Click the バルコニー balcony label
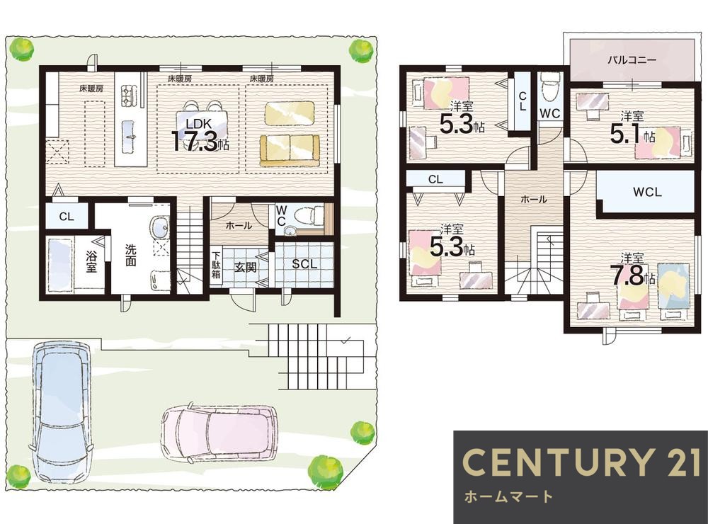click(x=632, y=59)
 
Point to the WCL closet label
click(x=647, y=192)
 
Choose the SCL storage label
click(x=304, y=264)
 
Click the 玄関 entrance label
click(x=245, y=268)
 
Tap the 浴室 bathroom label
click(x=91, y=261)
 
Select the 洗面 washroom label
click(x=130, y=255)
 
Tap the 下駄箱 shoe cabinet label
click(x=216, y=264)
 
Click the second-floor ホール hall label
click(x=534, y=199)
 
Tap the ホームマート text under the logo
click(x=508, y=497)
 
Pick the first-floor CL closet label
click(x=67, y=217)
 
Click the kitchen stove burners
click(x=126, y=96)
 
